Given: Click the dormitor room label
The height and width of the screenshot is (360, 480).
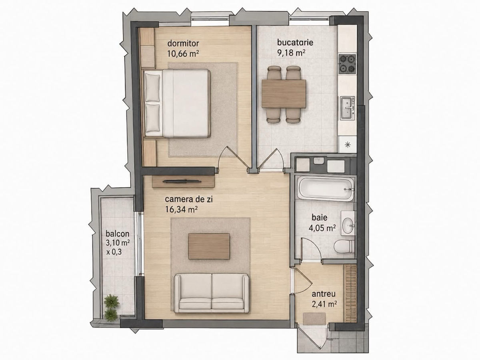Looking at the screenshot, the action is pyautogui.click(x=183, y=43).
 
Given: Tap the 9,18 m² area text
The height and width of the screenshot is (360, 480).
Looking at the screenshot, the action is pyautogui.click(x=291, y=53).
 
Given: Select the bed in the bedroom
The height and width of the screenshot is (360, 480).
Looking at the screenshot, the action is pyautogui.click(x=177, y=103).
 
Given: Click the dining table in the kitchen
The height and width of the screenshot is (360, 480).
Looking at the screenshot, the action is pyautogui.click(x=284, y=94).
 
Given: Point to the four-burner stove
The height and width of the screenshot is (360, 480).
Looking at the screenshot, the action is pyautogui.click(x=347, y=64).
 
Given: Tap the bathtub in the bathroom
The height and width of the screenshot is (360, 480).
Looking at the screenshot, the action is pyautogui.click(x=326, y=188).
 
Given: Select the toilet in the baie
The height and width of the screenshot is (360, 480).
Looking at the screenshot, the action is pyautogui.click(x=344, y=246).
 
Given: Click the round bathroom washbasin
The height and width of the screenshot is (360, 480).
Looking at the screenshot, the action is pyautogui.click(x=348, y=225).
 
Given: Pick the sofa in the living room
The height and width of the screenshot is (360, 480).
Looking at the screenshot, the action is pyautogui.click(x=212, y=294).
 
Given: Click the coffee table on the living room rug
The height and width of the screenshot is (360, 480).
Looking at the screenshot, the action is pyautogui.click(x=209, y=246).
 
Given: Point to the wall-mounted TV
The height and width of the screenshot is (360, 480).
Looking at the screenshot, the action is pyautogui.click(x=182, y=181).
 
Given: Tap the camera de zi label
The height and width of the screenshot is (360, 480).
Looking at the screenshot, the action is pyautogui.click(x=189, y=199).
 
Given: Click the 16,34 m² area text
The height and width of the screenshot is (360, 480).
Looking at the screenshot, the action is pyautogui.click(x=182, y=209).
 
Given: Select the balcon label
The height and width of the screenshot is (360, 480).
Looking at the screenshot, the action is pyautogui.click(x=118, y=234).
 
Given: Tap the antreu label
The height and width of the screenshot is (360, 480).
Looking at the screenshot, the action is pyautogui.click(x=324, y=294).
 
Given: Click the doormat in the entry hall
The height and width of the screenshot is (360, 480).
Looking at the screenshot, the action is pyautogui.click(x=314, y=319).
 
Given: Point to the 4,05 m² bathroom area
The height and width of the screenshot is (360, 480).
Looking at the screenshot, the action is pyautogui.click(x=322, y=228).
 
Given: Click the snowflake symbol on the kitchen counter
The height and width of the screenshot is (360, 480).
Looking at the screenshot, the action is pyautogui.click(x=348, y=144).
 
